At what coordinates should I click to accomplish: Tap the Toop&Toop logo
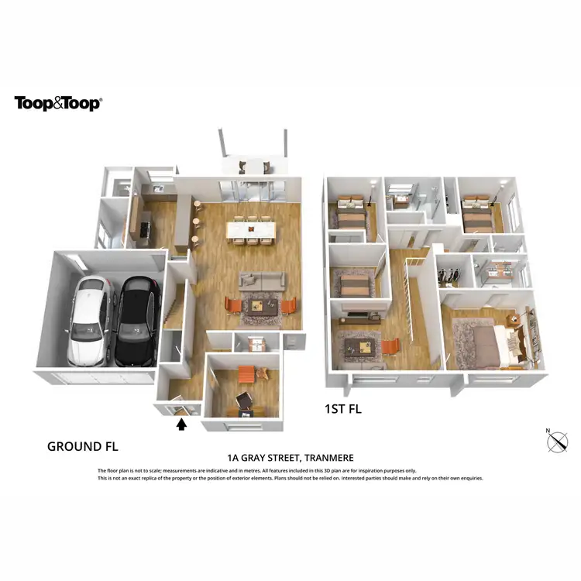click(x=58, y=103)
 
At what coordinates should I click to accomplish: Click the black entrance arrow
click(x=183, y=423)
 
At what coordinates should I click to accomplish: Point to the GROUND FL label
click(x=82, y=446)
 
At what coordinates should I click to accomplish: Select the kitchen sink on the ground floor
click(x=157, y=188)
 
